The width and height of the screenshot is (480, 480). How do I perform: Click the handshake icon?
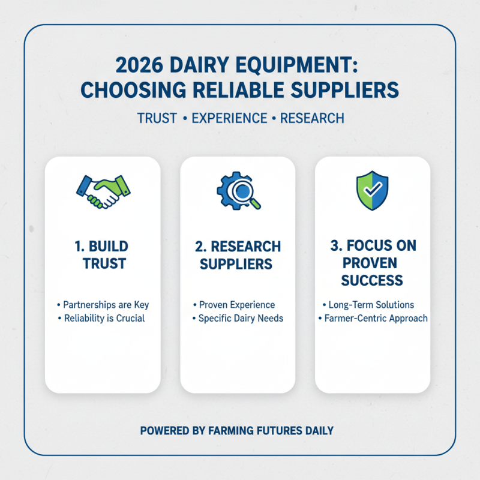coord(103,191)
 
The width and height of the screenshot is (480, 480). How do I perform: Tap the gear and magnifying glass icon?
coord(238,191)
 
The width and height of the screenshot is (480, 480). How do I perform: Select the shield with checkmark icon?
coord(372,191)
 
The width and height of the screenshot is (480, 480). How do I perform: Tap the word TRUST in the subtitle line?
coord(157,118)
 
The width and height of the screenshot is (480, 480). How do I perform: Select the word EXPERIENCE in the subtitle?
coord(228,118)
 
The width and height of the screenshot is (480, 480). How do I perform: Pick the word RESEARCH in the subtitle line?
coord(312,118)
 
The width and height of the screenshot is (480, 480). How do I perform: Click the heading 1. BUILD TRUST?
coord(103,255)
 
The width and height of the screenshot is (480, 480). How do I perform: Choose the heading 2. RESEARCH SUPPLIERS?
coord(238,255)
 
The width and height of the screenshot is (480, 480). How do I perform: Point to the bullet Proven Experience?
coord(236,305)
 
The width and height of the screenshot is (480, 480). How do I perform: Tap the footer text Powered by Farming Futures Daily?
coord(237,430)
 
